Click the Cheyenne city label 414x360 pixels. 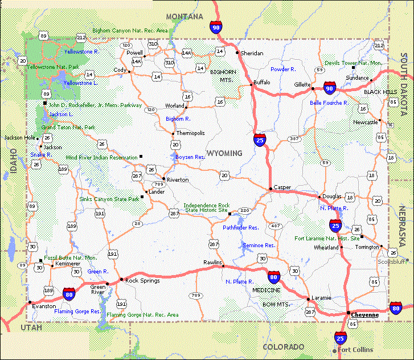[364, 315]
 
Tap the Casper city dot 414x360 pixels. [270, 189]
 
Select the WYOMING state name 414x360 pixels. [224, 153]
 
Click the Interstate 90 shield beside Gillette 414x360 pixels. [329, 88]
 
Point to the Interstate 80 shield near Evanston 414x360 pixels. [69, 294]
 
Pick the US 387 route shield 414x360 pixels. [294, 138]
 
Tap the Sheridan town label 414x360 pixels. [252, 53]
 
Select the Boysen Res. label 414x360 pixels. [190, 157]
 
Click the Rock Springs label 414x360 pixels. [142, 281]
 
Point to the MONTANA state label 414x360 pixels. [184, 17]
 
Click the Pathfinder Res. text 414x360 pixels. [240, 227]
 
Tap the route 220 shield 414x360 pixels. [245, 211]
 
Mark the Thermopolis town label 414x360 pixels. [190, 133]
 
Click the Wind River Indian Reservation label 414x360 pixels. [101, 157]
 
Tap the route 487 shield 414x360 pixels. [276, 226]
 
